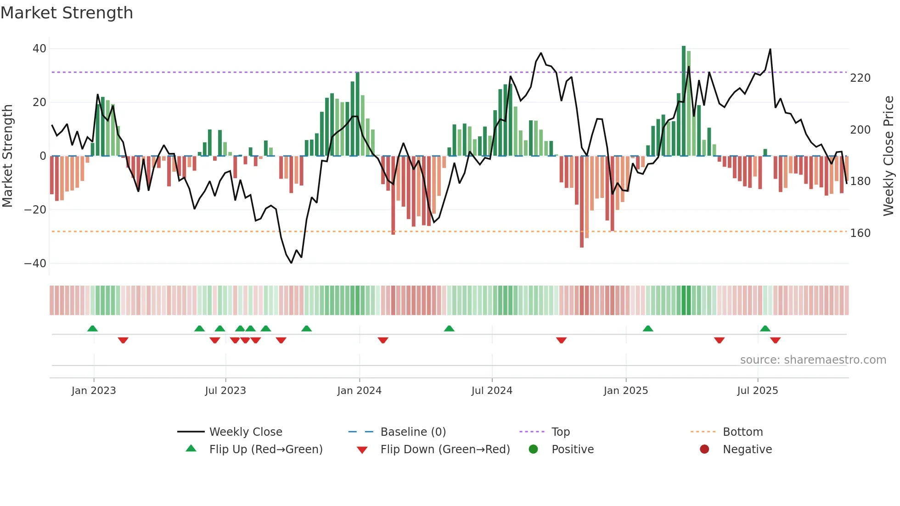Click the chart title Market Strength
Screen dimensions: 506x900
pos(67,13)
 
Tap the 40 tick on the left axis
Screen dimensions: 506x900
pos(39,49)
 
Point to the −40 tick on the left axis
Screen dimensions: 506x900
pos(35,264)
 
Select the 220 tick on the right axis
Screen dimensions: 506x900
pos(860,78)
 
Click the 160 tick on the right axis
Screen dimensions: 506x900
pos(860,233)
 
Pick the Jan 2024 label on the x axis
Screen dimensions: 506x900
pos(359,391)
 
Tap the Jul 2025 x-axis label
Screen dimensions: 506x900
pos(757,391)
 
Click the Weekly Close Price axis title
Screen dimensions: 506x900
pos(889,156)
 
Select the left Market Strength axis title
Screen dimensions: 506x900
pos(7,156)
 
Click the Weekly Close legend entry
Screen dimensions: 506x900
pos(246,432)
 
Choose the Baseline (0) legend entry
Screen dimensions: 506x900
pos(413,432)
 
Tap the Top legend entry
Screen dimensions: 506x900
pos(560,432)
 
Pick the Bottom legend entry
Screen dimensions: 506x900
pos(742,432)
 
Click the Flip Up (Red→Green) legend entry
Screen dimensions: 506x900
pos(265,450)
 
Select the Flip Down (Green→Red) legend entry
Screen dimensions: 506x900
pos(445,450)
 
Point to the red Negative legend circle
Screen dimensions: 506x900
pos(704,449)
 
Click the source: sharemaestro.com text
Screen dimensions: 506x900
pos(813,360)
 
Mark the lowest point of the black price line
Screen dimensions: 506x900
pos(291,263)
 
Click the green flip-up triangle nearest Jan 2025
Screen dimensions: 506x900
pos(648,329)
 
